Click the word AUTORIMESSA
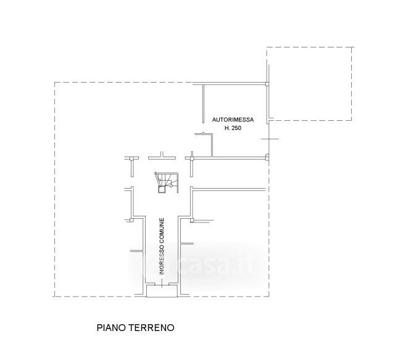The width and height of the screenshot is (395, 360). tap(233, 120)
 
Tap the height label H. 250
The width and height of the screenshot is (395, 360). tap(233, 128)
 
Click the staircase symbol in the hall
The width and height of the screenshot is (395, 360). tap(166, 182)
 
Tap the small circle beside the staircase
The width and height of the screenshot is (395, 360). tap(171, 186)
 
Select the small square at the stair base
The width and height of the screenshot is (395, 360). tap(162, 189)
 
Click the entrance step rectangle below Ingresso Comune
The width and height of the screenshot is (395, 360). tap(162, 292)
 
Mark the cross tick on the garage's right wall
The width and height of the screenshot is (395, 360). tap(270, 139)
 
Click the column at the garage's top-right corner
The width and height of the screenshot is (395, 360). tap(267, 84)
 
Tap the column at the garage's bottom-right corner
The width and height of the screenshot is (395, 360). tap(267, 158)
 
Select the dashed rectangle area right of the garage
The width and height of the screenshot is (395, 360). tap(309, 83)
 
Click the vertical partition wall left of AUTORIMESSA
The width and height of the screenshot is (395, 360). tap(203, 104)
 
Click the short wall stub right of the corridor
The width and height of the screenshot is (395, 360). tap(186, 243)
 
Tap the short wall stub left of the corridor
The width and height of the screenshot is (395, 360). tap(137, 251)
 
